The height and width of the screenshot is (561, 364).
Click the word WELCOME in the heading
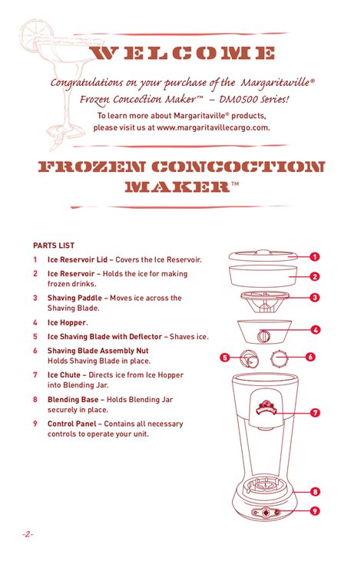pos(183,53)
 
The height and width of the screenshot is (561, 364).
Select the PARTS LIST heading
pos(53,246)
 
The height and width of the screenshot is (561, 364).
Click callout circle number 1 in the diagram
pos(315,257)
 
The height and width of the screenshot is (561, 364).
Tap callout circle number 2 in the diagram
pos(315,276)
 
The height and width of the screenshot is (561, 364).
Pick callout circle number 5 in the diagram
pos(225,357)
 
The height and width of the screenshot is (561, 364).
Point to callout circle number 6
pos(310,357)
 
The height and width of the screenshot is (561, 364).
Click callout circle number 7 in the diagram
pos(315,413)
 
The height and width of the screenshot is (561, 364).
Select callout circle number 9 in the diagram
pos(315,511)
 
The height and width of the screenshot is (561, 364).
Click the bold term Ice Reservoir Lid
pos(78,260)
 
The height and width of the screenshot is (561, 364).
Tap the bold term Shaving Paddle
pos(74,298)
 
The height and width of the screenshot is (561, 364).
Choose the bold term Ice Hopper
pos(67,323)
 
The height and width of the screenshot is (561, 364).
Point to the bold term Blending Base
pos(73,400)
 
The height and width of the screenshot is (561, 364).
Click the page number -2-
pos(28,533)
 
